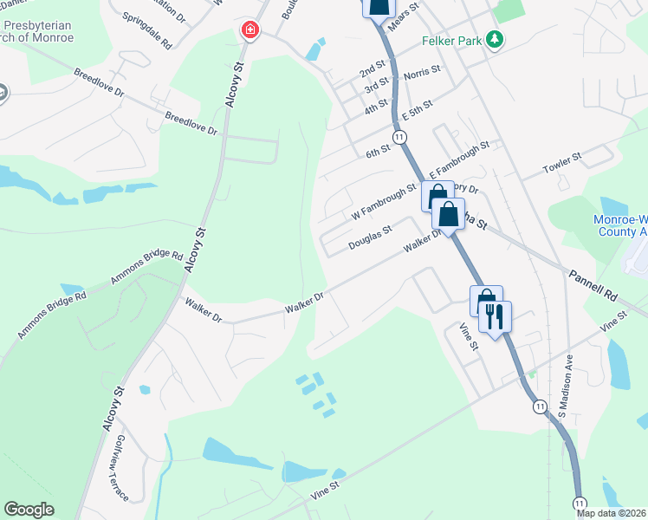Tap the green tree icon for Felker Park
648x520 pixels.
coord(495,39)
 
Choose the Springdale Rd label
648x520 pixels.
coord(147,30)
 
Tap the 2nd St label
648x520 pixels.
coord(373,68)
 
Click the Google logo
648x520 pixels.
coord(29,509)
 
